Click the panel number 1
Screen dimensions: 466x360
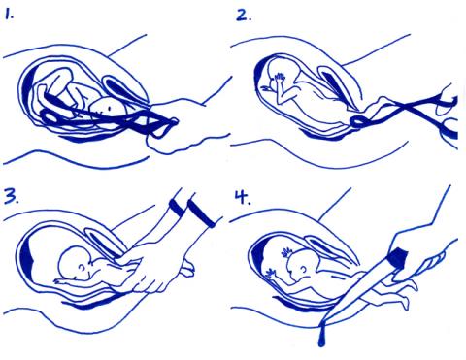(9, 15)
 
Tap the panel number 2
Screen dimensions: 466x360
(244, 15)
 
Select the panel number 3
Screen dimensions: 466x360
(12, 195)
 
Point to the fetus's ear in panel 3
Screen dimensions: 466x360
(83, 268)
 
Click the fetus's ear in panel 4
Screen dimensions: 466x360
(304, 269)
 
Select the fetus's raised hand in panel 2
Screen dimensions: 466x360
(279, 78)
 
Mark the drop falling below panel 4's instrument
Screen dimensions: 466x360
(321, 340)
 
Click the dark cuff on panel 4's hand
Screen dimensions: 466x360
(398, 257)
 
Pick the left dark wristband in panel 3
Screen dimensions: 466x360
(177, 208)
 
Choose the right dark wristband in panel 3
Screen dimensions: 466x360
(201, 213)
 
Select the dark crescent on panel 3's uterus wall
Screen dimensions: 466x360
(26, 258)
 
